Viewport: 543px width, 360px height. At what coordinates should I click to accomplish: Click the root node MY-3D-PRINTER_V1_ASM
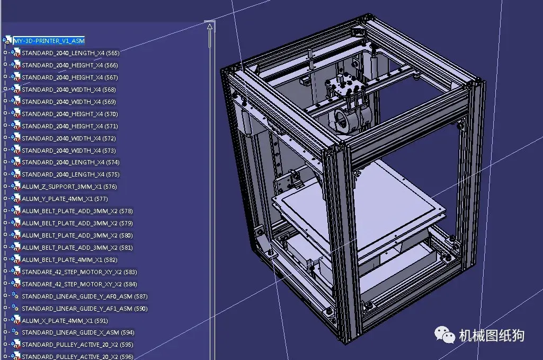coord(48,40)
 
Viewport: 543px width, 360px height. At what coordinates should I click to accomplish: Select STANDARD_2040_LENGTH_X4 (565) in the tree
coord(70,53)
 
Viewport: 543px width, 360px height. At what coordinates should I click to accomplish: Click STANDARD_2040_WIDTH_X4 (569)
coord(68,102)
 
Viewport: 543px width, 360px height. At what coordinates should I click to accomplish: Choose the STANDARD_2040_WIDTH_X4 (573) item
coord(68,151)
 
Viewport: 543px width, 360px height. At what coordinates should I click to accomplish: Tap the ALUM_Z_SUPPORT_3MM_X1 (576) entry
coord(69,187)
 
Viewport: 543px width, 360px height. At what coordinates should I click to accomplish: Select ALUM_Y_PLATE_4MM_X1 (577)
coord(64,199)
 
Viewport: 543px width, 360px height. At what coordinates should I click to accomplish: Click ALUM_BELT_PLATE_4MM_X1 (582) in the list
coord(69,260)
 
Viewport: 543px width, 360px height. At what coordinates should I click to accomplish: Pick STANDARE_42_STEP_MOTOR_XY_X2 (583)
coord(79,272)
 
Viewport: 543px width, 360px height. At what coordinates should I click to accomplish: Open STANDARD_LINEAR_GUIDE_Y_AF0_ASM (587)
coord(84,296)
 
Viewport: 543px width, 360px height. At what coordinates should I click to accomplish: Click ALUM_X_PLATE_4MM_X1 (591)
coord(64,321)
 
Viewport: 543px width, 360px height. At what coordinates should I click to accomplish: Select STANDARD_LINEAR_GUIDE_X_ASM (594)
coord(77,332)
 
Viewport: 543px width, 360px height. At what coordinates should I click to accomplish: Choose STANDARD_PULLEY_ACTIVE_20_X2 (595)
coord(77,345)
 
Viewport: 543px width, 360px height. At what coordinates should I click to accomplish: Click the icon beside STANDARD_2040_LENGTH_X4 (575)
coord(15,174)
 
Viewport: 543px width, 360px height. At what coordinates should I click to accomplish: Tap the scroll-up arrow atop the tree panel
coord(210,26)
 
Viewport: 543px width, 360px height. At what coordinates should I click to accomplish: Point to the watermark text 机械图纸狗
coord(491,335)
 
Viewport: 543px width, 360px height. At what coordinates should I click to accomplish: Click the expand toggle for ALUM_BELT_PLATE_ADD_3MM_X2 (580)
coord(5,235)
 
